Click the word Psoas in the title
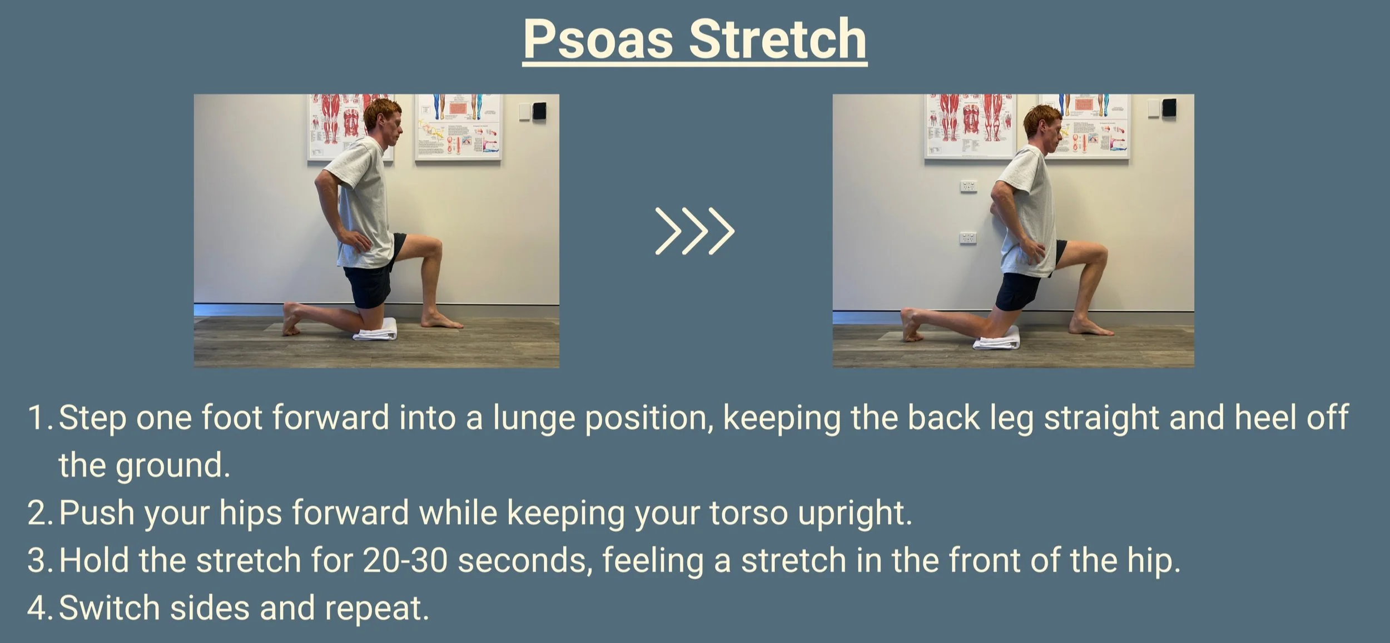tap(598, 40)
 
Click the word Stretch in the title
tap(778, 40)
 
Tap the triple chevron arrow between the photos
tap(695, 231)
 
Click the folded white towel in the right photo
tap(996, 338)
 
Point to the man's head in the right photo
tap(1042, 126)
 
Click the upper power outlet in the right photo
tap(969, 186)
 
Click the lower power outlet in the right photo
tap(968, 238)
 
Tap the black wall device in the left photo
tap(539, 111)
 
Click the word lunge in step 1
tap(533, 417)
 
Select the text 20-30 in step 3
tap(405, 560)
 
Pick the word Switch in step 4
tap(109, 607)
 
